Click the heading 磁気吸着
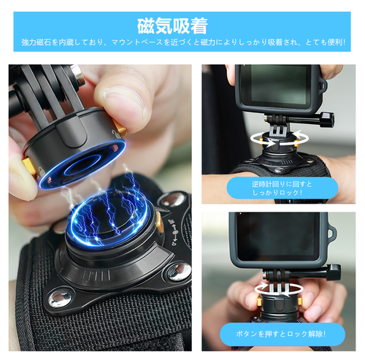pos(172,26)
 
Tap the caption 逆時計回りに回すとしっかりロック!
pos(282,188)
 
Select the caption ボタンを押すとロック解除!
pos(281,334)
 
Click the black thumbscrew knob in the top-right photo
pos(326,120)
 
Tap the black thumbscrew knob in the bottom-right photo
pos(334,272)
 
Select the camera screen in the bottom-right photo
pos(278,236)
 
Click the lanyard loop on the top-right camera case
pos(323,85)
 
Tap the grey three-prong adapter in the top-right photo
pos(279,130)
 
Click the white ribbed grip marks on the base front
pos(96,275)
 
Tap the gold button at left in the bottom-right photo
pos(259,301)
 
